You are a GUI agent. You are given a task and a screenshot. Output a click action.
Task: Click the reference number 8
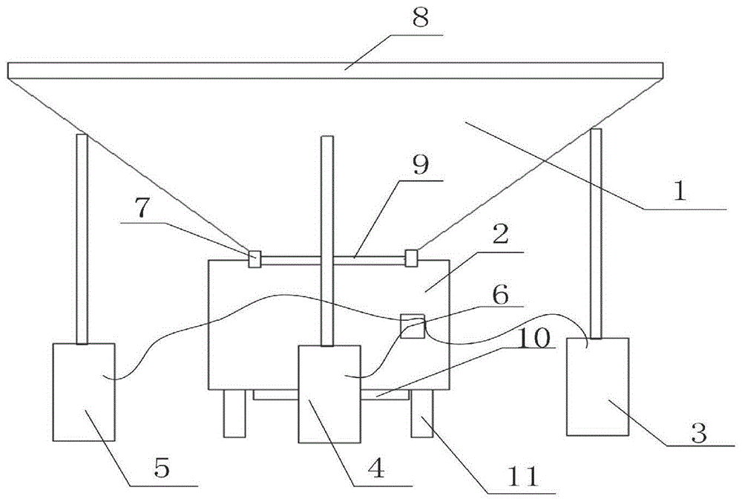421,19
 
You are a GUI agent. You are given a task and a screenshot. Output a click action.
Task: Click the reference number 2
501,237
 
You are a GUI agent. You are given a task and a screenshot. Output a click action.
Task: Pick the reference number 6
501,295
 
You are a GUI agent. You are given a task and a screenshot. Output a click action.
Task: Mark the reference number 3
698,434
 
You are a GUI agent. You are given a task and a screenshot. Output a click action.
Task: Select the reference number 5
162,469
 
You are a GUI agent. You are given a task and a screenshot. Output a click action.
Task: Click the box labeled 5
84,391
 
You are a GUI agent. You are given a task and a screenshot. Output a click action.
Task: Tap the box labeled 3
597,385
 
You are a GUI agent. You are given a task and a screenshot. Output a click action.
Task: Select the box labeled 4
329,394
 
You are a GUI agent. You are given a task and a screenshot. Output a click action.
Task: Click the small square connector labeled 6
413,325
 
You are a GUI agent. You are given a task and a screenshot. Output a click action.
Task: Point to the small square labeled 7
255,259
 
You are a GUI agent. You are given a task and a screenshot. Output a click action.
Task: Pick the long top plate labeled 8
334,71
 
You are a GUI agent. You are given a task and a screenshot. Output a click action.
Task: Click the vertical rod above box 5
82,238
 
